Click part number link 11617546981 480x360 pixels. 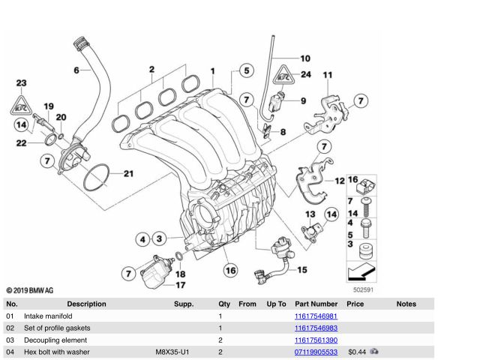click(x=315, y=317)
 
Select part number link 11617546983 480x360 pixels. click(x=315, y=328)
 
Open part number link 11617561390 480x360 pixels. click(x=315, y=340)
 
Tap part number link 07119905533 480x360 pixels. click(x=315, y=351)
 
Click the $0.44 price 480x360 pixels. click(x=356, y=351)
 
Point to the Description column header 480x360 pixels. click(x=86, y=304)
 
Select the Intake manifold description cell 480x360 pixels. click(x=48, y=317)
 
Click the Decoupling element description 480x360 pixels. click(x=53, y=340)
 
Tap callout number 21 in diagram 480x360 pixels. click(x=127, y=174)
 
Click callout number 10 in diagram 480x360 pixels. click(x=304, y=58)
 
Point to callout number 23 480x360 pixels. click(x=21, y=82)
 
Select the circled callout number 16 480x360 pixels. click(x=230, y=270)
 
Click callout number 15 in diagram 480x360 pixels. click(x=301, y=270)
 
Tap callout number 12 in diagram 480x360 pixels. click(x=339, y=181)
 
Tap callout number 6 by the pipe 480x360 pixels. click(x=76, y=70)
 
